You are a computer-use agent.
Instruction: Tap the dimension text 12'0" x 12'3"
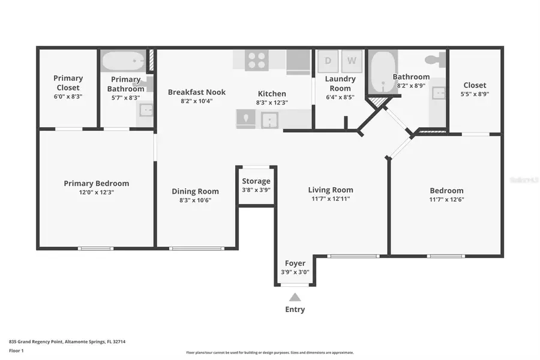tap(96, 193)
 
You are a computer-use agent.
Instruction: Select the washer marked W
tap(352, 61)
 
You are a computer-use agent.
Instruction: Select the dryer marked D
tap(328, 61)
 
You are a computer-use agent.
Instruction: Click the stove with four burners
tap(258, 61)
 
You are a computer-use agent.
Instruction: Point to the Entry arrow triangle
tap(295, 297)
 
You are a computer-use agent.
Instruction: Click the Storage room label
tap(256, 181)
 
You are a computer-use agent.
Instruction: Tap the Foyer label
tap(295, 263)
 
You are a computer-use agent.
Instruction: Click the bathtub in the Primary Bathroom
tap(123, 61)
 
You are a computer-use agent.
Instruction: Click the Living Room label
tap(331, 190)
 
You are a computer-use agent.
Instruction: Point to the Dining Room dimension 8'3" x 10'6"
tap(196, 200)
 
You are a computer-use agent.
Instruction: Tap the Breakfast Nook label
tap(197, 92)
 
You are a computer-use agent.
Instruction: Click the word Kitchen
tap(272, 94)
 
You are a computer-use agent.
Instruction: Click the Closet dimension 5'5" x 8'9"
tap(475, 94)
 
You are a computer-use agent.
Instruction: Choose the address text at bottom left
tap(67, 341)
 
